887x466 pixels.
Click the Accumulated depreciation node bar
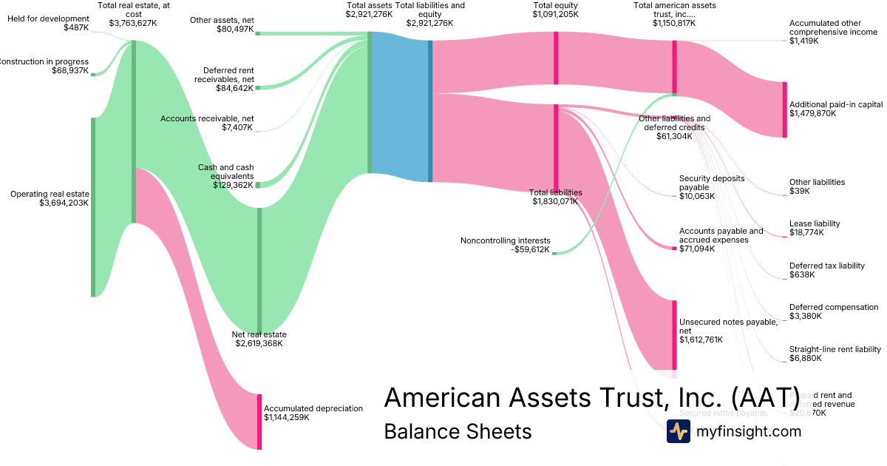[x=259, y=422]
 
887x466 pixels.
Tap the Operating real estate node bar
[x=93, y=207]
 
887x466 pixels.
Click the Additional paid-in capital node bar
[x=784, y=109]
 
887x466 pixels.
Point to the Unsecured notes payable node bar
[x=674, y=334]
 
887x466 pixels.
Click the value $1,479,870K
[x=812, y=114]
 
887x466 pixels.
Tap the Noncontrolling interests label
[x=505, y=240]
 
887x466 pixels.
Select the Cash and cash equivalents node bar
[x=257, y=184]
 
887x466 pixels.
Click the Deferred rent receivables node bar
[x=257, y=87]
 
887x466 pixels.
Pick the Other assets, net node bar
[x=257, y=33]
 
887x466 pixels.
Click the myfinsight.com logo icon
[x=678, y=431]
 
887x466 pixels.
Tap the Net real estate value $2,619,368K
[x=259, y=343]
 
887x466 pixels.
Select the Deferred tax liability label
[x=826, y=266]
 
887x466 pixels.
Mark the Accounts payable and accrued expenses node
[x=674, y=249]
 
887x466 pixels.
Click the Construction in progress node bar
[x=93, y=74]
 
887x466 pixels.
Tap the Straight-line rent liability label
[x=835, y=349]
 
